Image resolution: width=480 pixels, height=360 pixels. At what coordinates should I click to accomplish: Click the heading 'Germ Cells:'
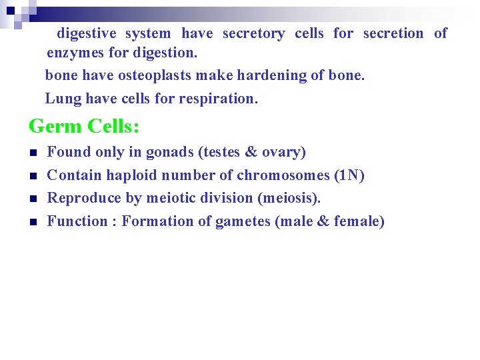tap(83, 126)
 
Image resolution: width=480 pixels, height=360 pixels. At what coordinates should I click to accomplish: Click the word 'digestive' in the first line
tap(86, 33)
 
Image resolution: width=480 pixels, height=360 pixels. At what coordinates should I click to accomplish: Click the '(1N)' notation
tap(349, 175)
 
